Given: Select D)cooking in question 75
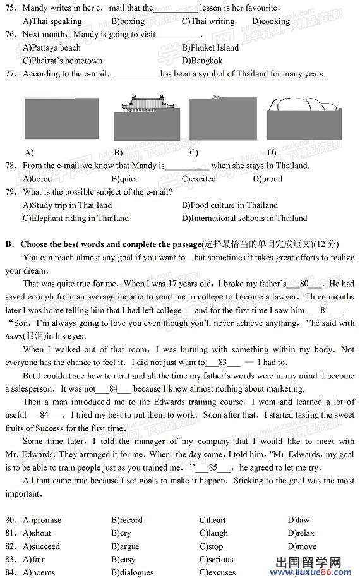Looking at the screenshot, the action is coord(270,21).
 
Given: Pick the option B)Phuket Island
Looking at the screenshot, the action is coord(210,47).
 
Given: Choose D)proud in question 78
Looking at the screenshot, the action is coord(267,179).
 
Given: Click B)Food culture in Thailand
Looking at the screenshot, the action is coord(229,205).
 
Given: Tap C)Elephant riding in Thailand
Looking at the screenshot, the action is coord(75,218).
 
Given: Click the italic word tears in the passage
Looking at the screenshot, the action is coord(15,336).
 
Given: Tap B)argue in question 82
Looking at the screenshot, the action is coord(124,546).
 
